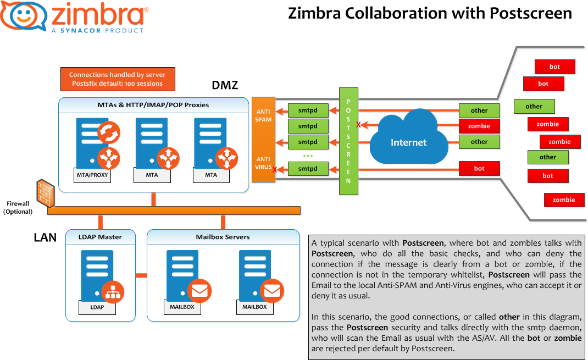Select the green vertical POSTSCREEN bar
(x=348, y=141)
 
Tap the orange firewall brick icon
(x=43, y=192)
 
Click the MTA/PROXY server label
(x=92, y=175)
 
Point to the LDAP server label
(x=97, y=307)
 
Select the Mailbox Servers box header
(x=223, y=237)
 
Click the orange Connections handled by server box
(x=117, y=79)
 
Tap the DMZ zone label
(x=225, y=85)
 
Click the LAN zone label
(x=45, y=237)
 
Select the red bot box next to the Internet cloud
(x=479, y=168)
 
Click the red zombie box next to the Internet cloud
(x=479, y=126)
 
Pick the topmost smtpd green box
(x=308, y=110)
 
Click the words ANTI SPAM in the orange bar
(x=263, y=115)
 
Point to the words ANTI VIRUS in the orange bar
(x=263, y=163)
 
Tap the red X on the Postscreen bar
(x=358, y=125)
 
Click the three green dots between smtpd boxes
(x=308, y=156)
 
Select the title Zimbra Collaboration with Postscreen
(x=430, y=13)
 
